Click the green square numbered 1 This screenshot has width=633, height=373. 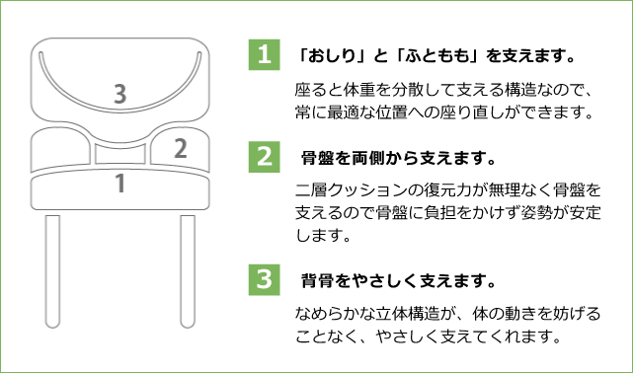(264, 54)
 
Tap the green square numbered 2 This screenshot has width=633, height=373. (264, 157)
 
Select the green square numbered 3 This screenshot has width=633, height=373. (264, 280)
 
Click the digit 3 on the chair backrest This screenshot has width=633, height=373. (119, 94)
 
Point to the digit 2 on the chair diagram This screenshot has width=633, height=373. (181, 148)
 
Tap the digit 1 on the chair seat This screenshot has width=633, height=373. (119, 184)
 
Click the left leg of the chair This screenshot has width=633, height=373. (52, 271)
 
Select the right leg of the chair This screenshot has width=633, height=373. (188, 271)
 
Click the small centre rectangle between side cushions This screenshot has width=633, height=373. (119, 154)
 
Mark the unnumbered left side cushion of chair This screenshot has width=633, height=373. (60, 149)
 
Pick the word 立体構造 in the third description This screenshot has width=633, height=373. (408, 313)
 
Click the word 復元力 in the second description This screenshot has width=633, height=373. (448, 189)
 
